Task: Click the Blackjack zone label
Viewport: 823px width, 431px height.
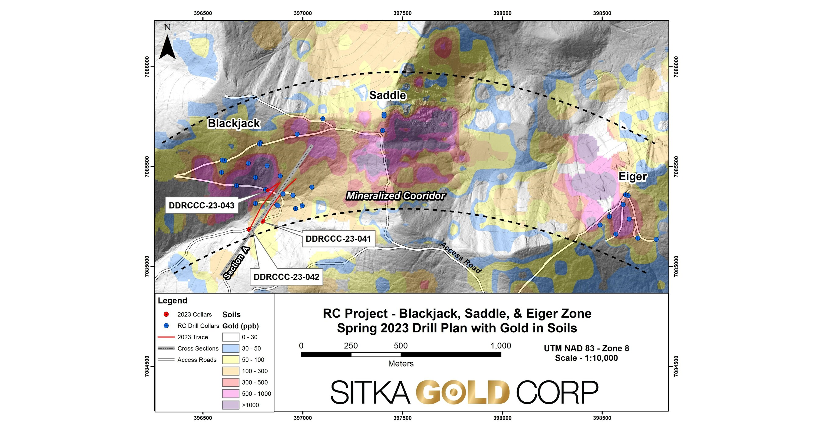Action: coord(234,123)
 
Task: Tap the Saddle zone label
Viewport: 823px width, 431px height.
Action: coord(387,95)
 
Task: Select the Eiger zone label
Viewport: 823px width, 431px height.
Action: coord(632,177)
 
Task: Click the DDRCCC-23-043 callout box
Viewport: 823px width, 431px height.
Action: coord(201,205)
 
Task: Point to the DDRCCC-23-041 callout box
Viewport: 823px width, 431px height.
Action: coord(338,239)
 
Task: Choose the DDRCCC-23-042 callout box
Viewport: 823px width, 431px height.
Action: coord(286,277)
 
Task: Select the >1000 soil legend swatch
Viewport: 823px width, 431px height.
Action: coord(230,405)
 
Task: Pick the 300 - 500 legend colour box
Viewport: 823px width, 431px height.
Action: coord(230,382)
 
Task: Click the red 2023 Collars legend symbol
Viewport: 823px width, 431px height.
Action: coord(166,314)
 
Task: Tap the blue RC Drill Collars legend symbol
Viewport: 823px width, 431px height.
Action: coord(166,326)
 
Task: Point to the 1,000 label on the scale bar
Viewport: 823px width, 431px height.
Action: coord(500,346)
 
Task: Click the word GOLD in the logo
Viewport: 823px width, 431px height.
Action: coord(463,392)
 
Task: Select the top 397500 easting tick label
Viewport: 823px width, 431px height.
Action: coord(402,13)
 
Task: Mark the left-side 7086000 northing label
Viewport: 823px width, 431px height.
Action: coord(147,67)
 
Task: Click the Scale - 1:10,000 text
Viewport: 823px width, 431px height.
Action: coord(586,358)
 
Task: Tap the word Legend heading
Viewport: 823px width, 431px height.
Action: coord(173,301)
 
